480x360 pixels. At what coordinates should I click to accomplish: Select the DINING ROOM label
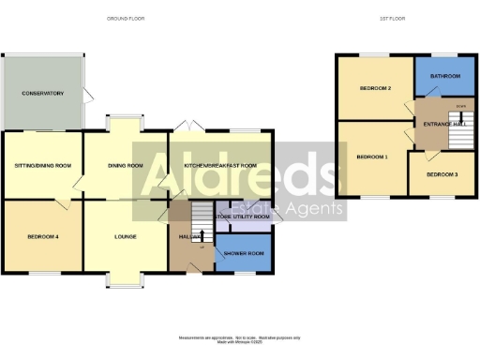click(126, 166)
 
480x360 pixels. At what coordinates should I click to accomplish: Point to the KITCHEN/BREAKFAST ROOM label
click(221, 166)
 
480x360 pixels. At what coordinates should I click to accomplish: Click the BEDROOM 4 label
click(41, 236)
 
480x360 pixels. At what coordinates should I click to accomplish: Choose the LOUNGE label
click(126, 236)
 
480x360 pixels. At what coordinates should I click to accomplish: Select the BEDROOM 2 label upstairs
click(375, 89)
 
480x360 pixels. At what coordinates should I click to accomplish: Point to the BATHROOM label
click(445, 76)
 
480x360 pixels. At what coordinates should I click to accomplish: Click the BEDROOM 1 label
click(372, 157)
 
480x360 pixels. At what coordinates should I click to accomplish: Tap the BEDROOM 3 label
click(442, 174)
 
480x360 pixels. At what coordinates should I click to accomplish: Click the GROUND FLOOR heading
click(126, 18)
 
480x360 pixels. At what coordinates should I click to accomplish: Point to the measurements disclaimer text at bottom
click(240, 339)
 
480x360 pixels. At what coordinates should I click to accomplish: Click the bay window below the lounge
click(124, 278)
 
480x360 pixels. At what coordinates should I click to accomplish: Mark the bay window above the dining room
click(125, 121)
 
